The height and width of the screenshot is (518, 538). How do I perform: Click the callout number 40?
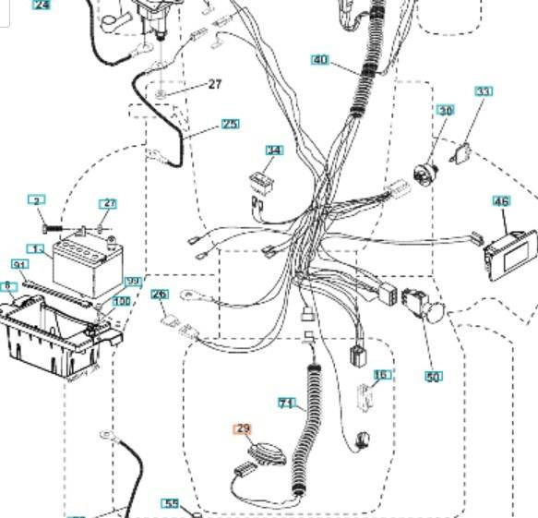[x=320, y=60]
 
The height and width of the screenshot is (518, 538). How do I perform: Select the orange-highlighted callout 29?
[x=244, y=428]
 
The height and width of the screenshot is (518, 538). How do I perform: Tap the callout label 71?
[x=287, y=404]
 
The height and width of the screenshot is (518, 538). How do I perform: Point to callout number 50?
[x=433, y=377]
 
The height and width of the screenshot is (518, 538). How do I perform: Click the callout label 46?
[x=501, y=200]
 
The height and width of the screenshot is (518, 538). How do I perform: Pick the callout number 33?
[x=484, y=91]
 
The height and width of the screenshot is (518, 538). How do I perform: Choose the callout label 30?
[x=446, y=111]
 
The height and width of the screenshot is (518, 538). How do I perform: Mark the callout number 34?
[x=274, y=151]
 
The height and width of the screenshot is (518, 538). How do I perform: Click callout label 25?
[x=230, y=124]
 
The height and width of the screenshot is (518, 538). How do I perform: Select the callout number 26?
[x=160, y=295]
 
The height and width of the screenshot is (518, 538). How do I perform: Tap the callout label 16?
[x=381, y=375]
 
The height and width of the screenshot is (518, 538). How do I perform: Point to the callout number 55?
[x=171, y=503]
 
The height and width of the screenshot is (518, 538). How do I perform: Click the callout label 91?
[x=18, y=265]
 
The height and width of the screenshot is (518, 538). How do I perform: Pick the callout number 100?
[x=122, y=301]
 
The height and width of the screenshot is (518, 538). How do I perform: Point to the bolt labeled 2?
[x=50, y=223]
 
